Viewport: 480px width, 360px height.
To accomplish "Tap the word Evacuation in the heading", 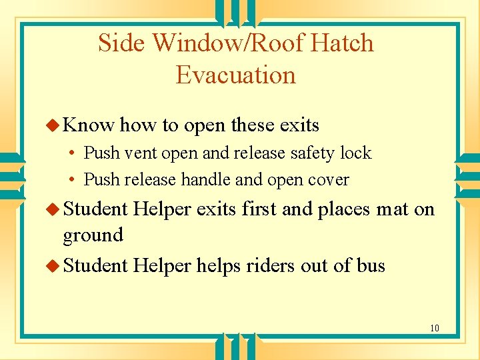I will click(x=235, y=75).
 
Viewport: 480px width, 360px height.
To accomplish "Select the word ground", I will click(x=93, y=235).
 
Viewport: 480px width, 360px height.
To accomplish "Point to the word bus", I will click(x=371, y=265).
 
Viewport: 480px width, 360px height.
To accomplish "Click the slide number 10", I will click(x=434, y=328).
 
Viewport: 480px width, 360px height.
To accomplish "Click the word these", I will click(x=253, y=125).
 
